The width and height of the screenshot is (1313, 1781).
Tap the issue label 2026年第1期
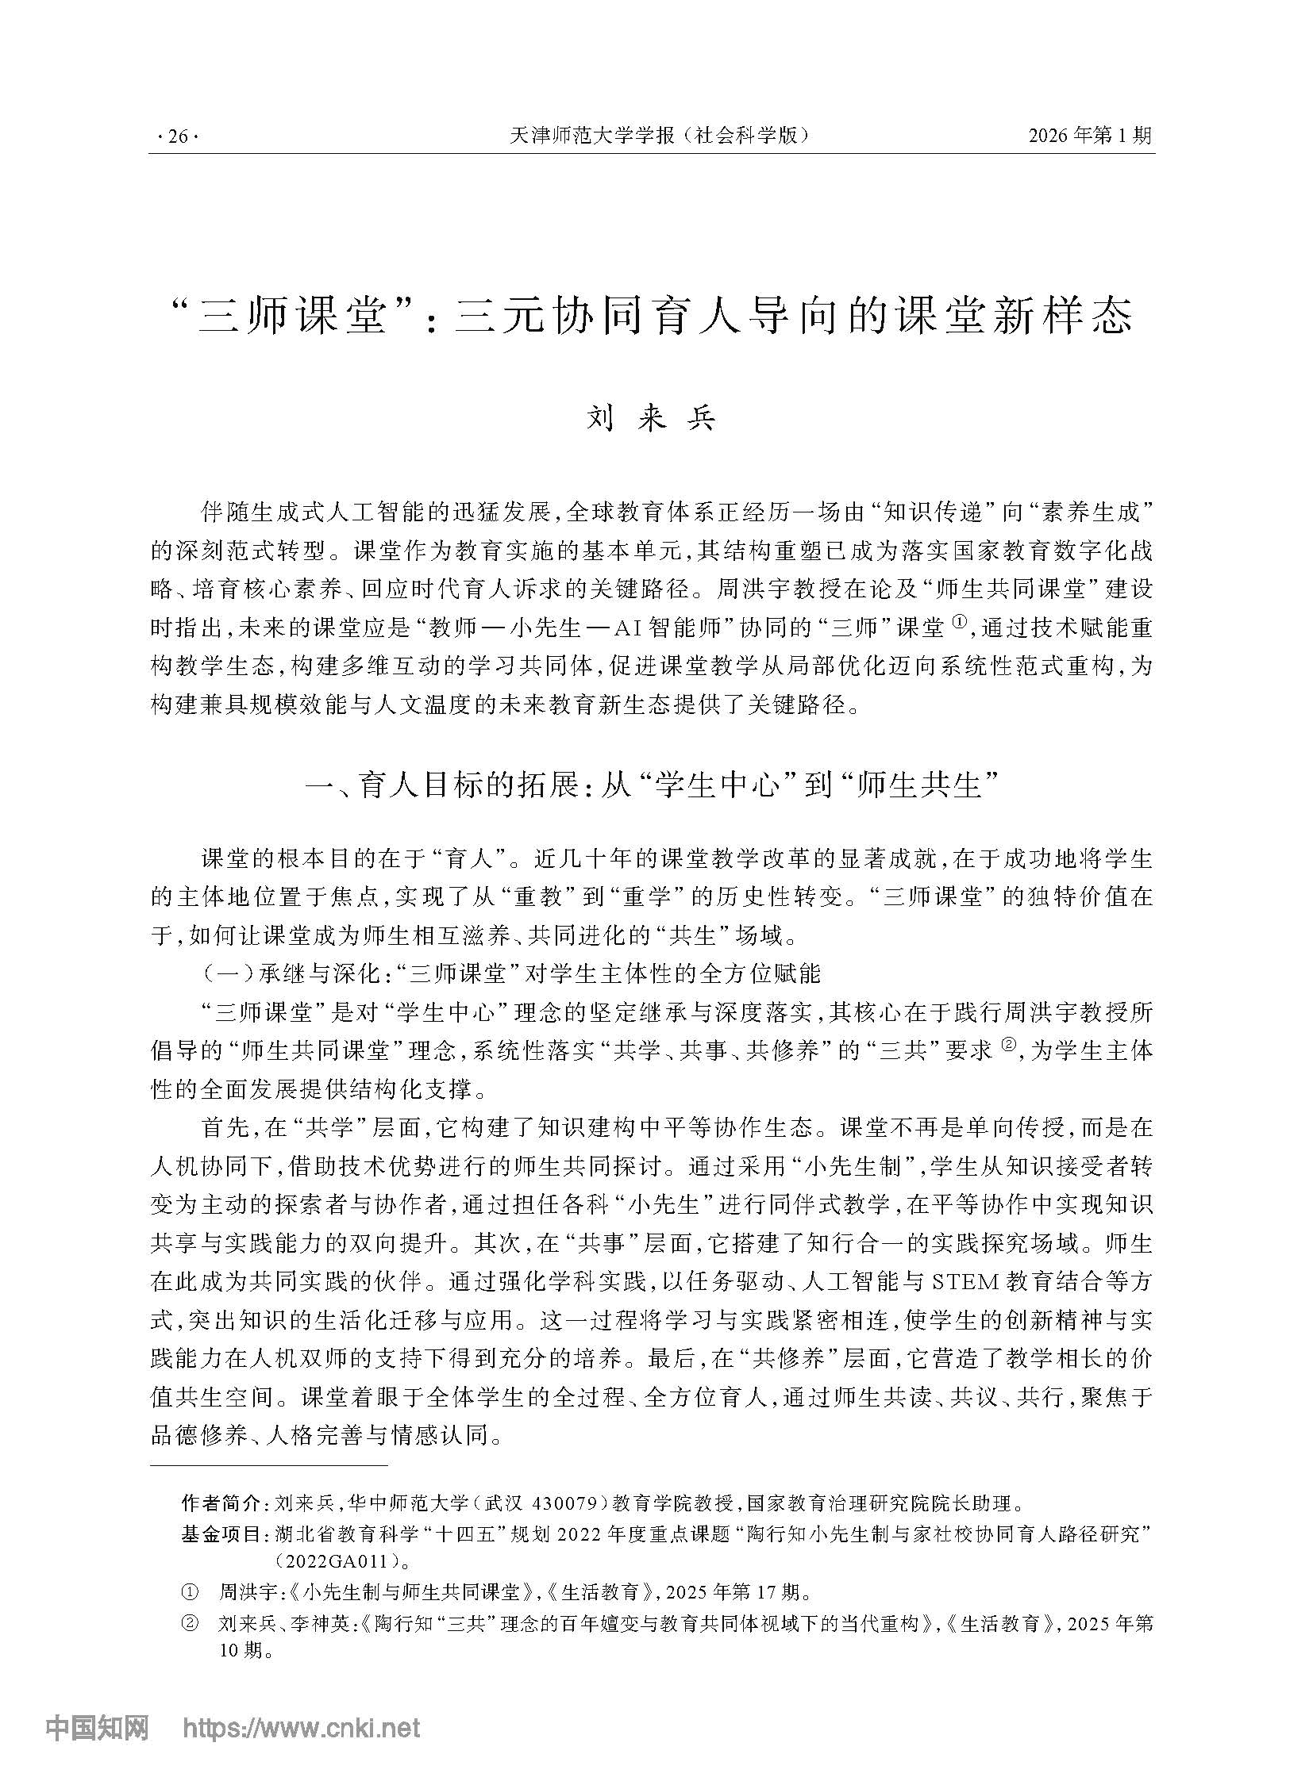[1090, 136]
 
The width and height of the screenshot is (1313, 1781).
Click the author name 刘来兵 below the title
[652, 419]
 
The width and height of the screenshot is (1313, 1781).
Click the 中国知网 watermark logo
[97, 1726]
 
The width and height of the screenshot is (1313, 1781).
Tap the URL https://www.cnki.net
[301, 1726]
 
